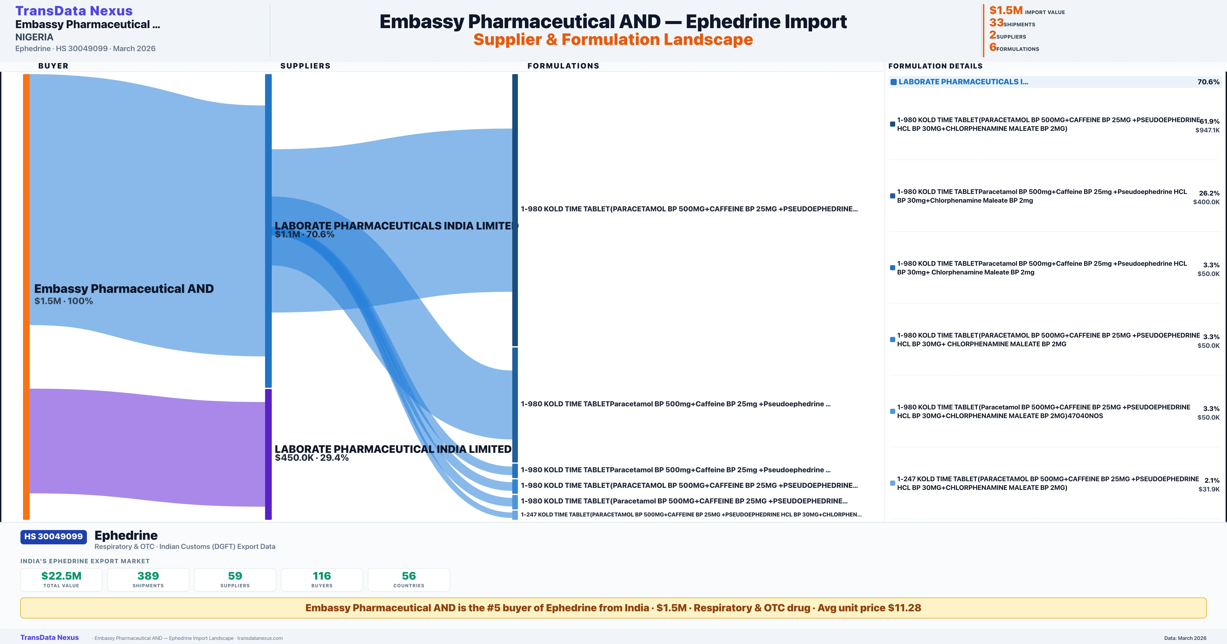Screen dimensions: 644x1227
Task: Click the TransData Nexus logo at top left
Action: (x=74, y=10)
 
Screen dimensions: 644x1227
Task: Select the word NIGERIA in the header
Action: (x=34, y=37)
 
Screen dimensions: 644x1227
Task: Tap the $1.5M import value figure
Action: (x=1006, y=10)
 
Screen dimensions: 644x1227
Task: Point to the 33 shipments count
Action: (x=996, y=22)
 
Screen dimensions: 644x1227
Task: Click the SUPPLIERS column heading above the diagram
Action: (x=305, y=66)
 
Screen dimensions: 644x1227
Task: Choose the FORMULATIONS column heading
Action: (x=563, y=66)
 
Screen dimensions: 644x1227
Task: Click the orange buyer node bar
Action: (x=26, y=295)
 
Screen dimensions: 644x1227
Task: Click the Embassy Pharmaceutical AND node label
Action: (x=124, y=289)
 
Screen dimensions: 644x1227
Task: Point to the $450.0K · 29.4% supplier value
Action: (x=312, y=458)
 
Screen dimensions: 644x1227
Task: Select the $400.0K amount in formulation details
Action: (x=1206, y=202)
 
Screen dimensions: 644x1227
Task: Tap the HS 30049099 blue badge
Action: (x=53, y=536)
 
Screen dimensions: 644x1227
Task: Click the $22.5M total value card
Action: (x=61, y=579)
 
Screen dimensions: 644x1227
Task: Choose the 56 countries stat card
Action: (x=409, y=579)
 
